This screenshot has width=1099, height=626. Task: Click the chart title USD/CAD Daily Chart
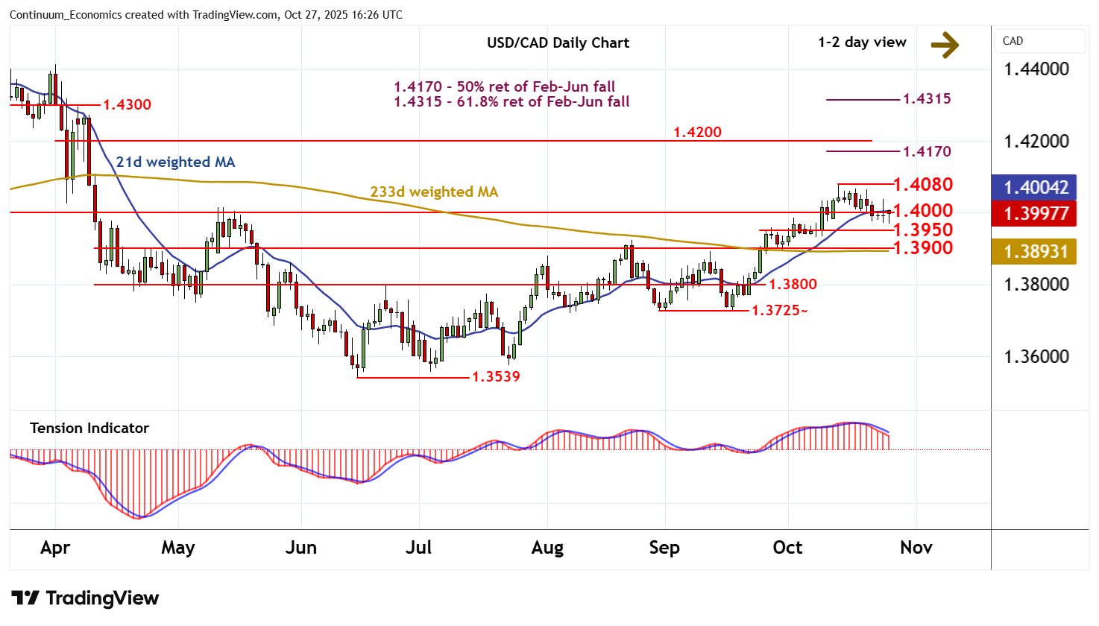pyautogui.click(x=558, y=42)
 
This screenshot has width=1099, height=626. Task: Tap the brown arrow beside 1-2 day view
pyautogui.click(x=945, y=45)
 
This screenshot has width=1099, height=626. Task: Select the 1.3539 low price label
pyautogui.click(x=496, y=376)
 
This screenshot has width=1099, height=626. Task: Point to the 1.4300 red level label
pyautogui.click(x=127, y=104)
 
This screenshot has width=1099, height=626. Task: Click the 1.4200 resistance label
pyautogui.click(x=697, y=132)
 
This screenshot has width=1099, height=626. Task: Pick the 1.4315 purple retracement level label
pyautogui.click(x=927, y=98)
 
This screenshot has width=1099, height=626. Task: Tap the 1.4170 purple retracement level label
pyautogui.click(x=927, y=151)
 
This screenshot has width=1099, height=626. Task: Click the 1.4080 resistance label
pyautogui.click(x=923, y=184)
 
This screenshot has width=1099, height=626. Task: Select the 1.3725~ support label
pyautogui.click(x=779, y=310)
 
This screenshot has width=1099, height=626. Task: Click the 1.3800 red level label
pyautogui.click(x=793, y=284)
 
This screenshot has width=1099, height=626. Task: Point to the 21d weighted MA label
pyautogui.click(x=175, y=162)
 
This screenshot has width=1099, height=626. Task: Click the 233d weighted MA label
pyautogui.click(x=434, y=192)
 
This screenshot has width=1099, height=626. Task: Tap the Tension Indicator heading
pyautogui.click(x=89, y=428)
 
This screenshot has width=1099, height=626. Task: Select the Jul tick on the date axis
pyautogui.click(x=418, y=548)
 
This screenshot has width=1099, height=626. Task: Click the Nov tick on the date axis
pyautogui.click(x=916, y=548)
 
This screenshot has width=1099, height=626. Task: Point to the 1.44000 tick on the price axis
pyautogui.click(x=1036, y=69)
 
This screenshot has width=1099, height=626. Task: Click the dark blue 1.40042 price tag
pyautogui.click(x=1036, y=187)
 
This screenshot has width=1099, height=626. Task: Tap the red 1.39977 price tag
pyautogui.click(x=1036, y=214)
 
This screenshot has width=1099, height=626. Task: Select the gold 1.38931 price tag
pyautogui.click(x=1036, y=252)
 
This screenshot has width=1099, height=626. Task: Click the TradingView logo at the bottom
pyautogui.click(x=85, y=598)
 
